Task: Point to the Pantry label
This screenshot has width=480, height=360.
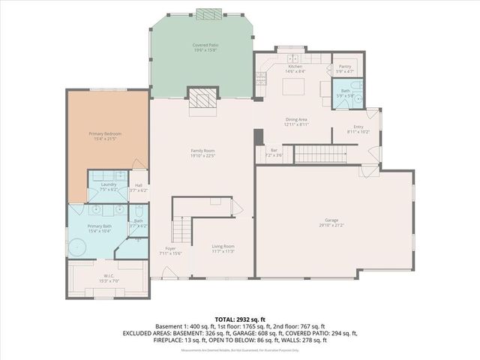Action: [x=344, y=67]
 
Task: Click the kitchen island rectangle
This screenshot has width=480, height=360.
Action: [x=295, y=87]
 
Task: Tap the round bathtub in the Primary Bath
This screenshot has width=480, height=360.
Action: [x=78, y=246]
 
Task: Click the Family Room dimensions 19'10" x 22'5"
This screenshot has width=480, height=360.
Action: [x=202, y=157]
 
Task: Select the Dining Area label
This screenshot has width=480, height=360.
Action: [x=298, y=119]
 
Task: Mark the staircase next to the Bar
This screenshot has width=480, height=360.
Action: [x=319, y=154]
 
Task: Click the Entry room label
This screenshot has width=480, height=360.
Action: [x=358, y=127]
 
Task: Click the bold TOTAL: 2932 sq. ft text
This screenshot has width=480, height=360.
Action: [x=240, y=319]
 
